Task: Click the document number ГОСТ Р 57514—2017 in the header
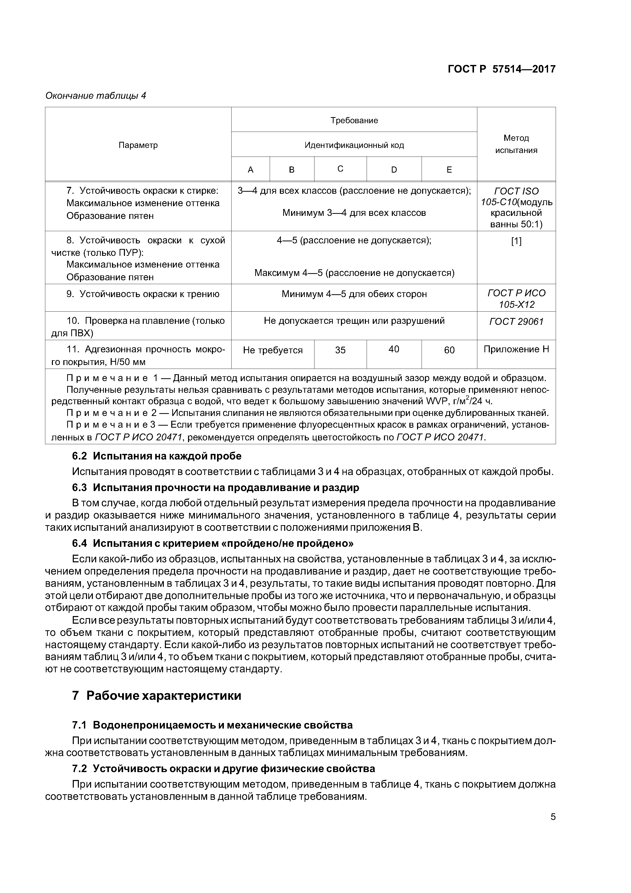(x=501, y=69)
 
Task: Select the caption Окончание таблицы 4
(x=96, y=96)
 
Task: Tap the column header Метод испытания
(x=516, y=144)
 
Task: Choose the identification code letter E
(x=449, y=170)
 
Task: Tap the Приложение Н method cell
(x=516, y=349)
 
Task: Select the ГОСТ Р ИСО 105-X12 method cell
(x=516, y=298)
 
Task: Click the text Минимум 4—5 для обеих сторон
(x=354, y=294)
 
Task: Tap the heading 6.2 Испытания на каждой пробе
(x=157, y=456)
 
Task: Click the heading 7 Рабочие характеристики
(x=157, y=695)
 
